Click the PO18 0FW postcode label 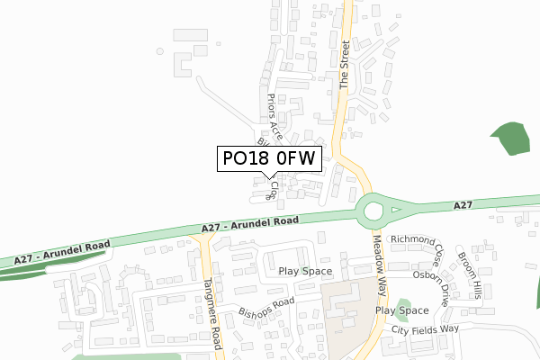click(268, 158)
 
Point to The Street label click(344, 63)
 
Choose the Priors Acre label click(275, 117)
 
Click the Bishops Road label click(266, 309)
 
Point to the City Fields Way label click(425, 330)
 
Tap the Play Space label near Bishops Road click(305, 271)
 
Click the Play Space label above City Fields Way click(401, 310)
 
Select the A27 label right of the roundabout click(463, 206)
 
